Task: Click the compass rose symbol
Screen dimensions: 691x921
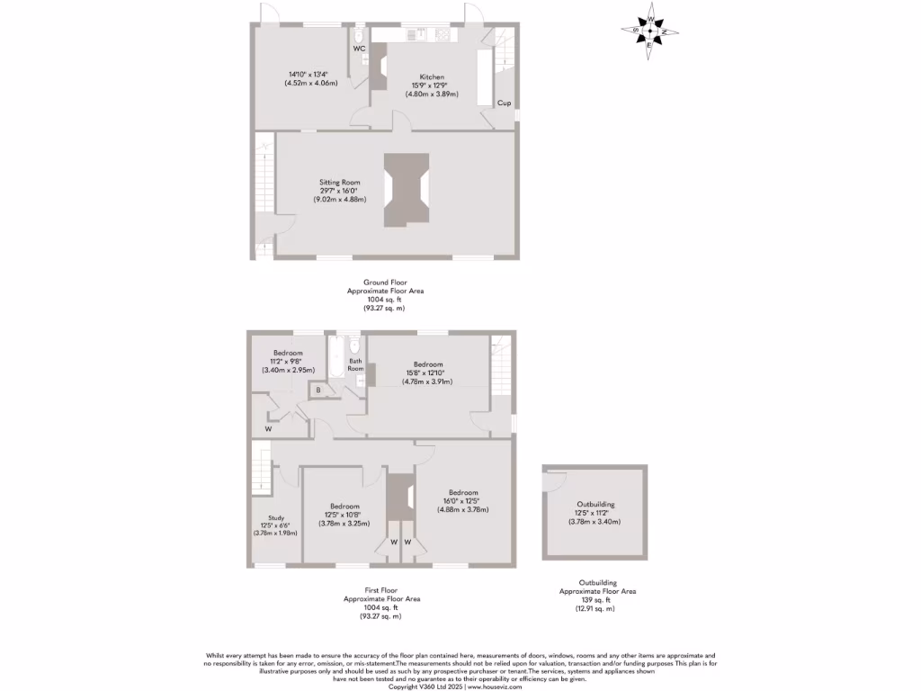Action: click(x=650, y=31)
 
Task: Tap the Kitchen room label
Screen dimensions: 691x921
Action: click(x=432, y=77)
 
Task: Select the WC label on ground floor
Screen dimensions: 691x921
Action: click(x=358, y=49)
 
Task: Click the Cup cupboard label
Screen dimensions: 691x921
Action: click(x=505, y=103)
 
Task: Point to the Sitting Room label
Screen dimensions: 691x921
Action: click(x=339, y=183)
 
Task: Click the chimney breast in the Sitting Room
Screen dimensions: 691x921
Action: click(x=407, y=190)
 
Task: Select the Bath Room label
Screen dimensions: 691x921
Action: click(x=356, y=365)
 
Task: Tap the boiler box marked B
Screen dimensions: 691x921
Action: click(x=318, y=390)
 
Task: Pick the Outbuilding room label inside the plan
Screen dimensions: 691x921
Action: click(x=596, y=505)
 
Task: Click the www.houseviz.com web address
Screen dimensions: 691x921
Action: click(x=494, y=687)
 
